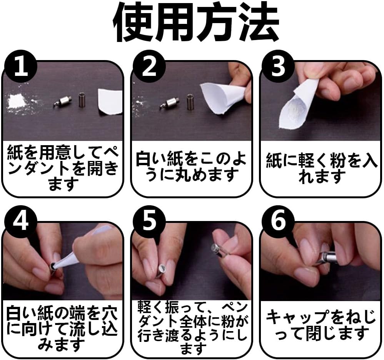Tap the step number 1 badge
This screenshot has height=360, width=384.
click(21, 66)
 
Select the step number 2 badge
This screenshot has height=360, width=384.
click(149, 66)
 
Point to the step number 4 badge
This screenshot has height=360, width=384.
click(21, 221)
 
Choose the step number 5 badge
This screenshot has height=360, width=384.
click(149, 221)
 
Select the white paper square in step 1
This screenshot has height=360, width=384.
click(110, 102)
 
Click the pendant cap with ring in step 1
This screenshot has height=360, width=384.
click(62, 101)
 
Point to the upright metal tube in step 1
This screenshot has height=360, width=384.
click(82, 100)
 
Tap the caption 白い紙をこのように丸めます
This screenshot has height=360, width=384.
click(191, 166)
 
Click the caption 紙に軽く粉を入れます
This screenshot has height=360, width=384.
click(321, 168)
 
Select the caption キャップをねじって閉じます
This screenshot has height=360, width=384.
click(321, 325)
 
